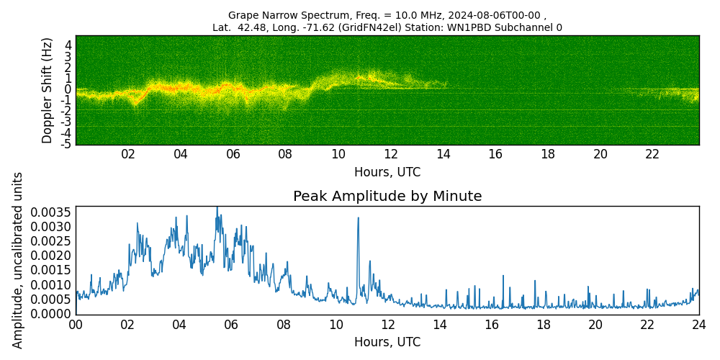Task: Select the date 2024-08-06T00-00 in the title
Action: coord(495,15)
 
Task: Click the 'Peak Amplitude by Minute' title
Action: coord(387,197)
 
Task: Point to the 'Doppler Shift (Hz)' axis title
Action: coord(48,90)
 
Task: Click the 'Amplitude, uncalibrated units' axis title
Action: coord(18,260)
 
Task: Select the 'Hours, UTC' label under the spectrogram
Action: coord(387,172)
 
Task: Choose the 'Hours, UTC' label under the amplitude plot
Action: coord(387,342)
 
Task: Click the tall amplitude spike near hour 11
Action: coord(358,219)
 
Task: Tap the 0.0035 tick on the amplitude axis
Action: coord(51,212)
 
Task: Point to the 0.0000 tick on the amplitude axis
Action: coord(51,314)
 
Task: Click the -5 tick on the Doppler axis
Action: coord(66,144)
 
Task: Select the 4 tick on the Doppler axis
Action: coord(68,45)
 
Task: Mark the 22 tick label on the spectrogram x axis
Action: coord(652,154)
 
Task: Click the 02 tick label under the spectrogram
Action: coord(128,154)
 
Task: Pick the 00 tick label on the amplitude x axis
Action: coord(76,325)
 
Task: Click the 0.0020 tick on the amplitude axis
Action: coord(51,256)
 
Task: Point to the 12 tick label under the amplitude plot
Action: coord(387,325)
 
